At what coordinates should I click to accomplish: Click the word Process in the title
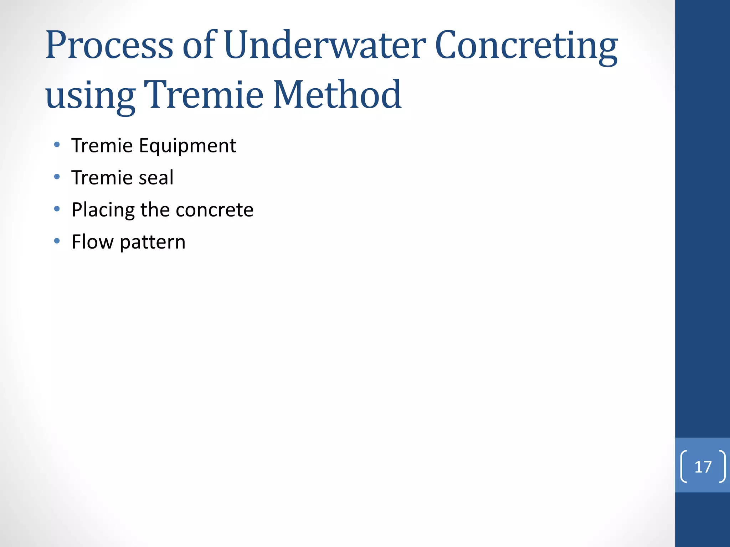point(109,46)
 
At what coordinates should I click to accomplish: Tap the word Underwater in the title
point(325,45)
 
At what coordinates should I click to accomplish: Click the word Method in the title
point(337,95)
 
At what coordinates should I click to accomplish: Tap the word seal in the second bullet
point(156,178)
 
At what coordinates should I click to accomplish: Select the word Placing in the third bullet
point(103,210)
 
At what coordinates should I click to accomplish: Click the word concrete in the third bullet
point(215,210)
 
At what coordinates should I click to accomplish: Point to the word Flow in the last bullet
point(92,242)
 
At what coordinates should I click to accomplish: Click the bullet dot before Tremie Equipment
point(57,145)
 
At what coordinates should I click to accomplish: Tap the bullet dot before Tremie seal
point(57,177)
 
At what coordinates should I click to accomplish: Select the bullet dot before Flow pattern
point(57,241)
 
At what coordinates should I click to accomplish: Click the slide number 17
point(703,467)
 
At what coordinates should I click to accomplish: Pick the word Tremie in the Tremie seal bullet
point(102,178)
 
